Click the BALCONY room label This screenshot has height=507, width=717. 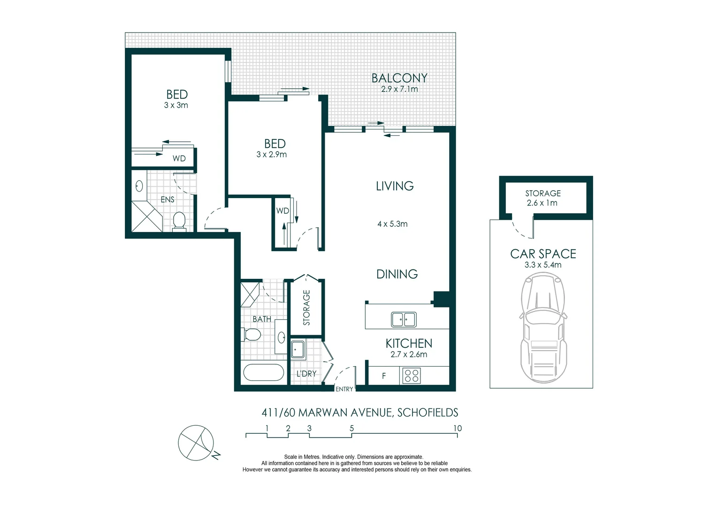(x=399, y=77)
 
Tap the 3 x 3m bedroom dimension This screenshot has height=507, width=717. (x=176, y=105)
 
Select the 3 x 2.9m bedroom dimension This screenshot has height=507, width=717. (x=271, y=154)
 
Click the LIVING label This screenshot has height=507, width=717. (x=395, y=186)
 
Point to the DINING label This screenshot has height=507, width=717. (x=397, y=274)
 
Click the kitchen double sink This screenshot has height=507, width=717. (x=404, y=320)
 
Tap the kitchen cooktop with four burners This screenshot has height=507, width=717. (x=412, y=376)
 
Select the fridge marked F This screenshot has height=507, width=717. (x=384, y=376)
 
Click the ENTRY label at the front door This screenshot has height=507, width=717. (x=344, y=389)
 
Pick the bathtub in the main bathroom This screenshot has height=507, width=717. (x=263, y=373)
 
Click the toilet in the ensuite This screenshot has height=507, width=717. (x=179, y=221)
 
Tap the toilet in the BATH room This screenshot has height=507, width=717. (x=252, y=335)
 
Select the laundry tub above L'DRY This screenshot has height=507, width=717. (x=297, y=350)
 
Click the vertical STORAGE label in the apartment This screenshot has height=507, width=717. (x=306, y=307)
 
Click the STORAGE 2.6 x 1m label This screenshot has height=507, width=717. (x=542, y=198)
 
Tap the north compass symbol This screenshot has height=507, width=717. (x=196, y=443)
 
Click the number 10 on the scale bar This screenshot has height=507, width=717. (x=457, y=428)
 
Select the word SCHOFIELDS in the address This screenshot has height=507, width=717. (x=427, y=413)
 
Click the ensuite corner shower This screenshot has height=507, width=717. (x=147, y=216)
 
